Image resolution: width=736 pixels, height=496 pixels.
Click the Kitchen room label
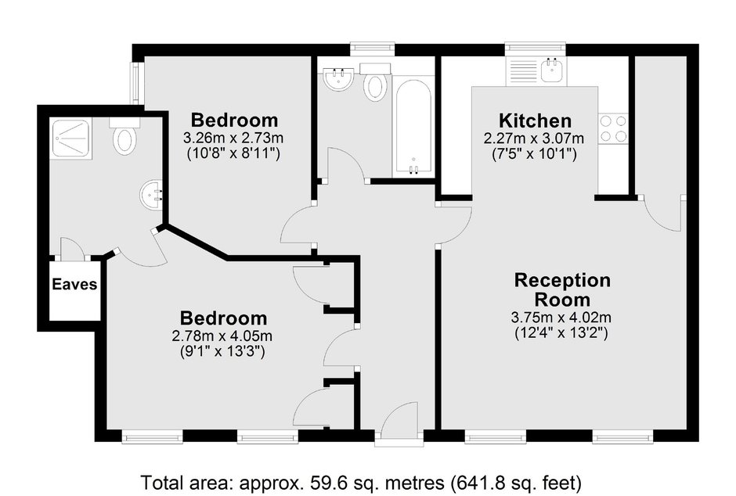point(535,120)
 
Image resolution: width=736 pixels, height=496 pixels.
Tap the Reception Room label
point(562,289)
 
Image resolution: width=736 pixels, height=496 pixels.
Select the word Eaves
point(74,284)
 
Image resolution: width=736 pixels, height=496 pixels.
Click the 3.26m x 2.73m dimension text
point(233,138)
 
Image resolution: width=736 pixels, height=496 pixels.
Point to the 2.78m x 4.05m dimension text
point(222,336)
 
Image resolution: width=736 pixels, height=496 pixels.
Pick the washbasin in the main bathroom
point(338,78)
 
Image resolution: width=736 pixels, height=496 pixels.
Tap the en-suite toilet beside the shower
point(124,136)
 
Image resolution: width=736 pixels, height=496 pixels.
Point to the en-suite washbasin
point(150,195)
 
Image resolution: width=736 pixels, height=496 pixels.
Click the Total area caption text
point(362,483)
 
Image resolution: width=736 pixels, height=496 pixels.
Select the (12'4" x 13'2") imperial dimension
point(561,333)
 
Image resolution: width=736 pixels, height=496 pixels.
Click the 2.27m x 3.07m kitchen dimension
point(534,138)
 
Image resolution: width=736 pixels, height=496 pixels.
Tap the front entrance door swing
point(399,420)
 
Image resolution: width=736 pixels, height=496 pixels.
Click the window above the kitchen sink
point(535,47)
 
